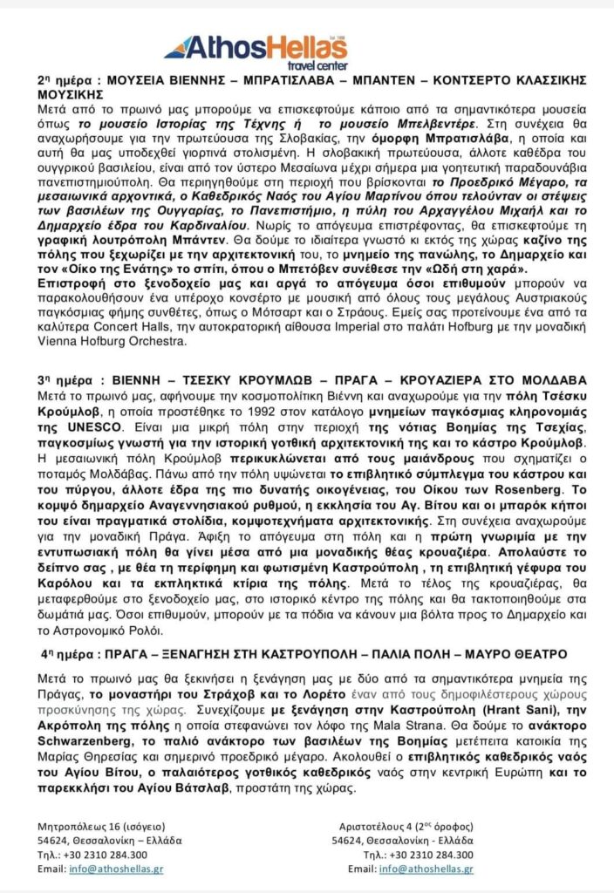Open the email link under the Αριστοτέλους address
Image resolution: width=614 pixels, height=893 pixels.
pyautogui.click(x=429, y=869)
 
